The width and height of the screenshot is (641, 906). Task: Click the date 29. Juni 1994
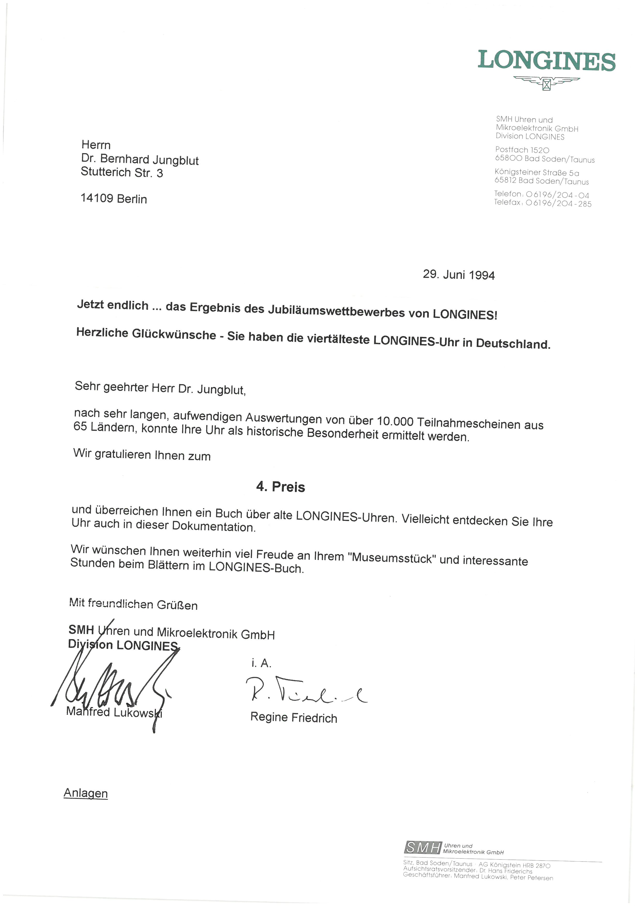[x=459, y=275]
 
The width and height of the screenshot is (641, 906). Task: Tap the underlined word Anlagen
[x=86, y=793]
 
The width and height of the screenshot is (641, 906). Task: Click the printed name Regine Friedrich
[x=294, y=717]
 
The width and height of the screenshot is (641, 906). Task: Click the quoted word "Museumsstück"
[x=392, y=558]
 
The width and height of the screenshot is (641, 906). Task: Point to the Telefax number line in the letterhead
[x=543, y=203]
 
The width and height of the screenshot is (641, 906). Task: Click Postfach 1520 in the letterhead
[x=522, y=150]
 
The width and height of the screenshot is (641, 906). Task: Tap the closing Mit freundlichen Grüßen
[x=133, y=604]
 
